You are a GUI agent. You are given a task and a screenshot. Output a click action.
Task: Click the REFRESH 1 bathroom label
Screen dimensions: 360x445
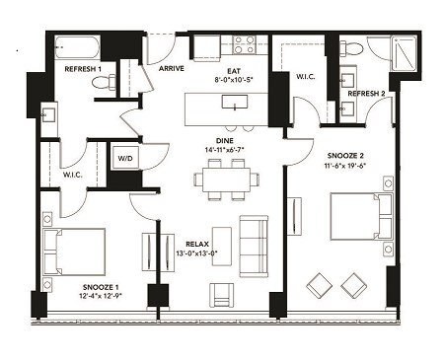pyautogui.click(x=84, y=70)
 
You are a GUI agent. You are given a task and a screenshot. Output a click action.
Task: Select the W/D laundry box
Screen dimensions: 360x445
pyautogui.click(x=126, y=159)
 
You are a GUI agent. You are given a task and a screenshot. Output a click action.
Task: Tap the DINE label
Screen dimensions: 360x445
pyautogui.click(x=225, y=140)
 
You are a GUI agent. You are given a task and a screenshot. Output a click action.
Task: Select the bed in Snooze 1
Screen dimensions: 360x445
pyautogui.click(x=75, y=249)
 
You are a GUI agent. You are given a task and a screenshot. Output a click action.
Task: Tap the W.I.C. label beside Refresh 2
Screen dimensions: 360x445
pyautogui.click(x=305, y=76)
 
